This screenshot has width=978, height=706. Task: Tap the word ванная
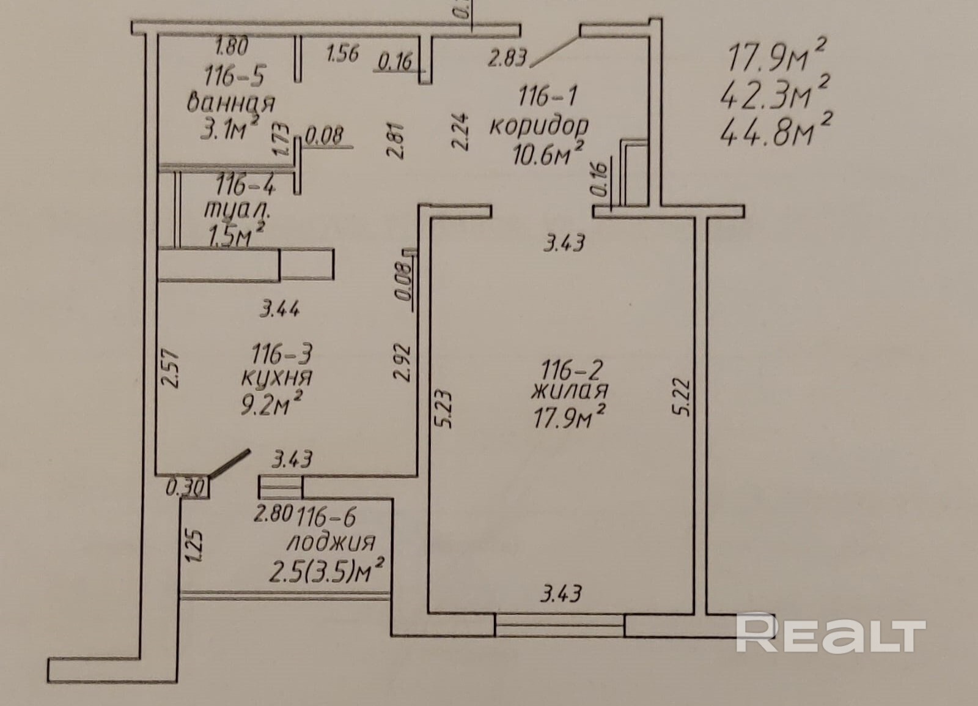(x=231, y=103)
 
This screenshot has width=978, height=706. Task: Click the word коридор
(x=539, y=125)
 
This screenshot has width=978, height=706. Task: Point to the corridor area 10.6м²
(x=546, y=153)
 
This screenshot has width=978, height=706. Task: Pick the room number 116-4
(x=246, y=184)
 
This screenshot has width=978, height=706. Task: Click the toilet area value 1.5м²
(x=237, y=235)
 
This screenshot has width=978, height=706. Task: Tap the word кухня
(x=276, y=377)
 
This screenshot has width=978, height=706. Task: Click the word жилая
(x=570, y=390)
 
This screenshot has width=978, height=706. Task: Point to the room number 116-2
(x=572, y=370)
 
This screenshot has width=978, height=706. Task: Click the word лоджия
(x=331, y=543)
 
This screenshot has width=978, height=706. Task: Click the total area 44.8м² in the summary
(x=776, y=131)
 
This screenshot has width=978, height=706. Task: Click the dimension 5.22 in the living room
(x=684, y=398)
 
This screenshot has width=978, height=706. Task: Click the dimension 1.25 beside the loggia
(x=193, y=545)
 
